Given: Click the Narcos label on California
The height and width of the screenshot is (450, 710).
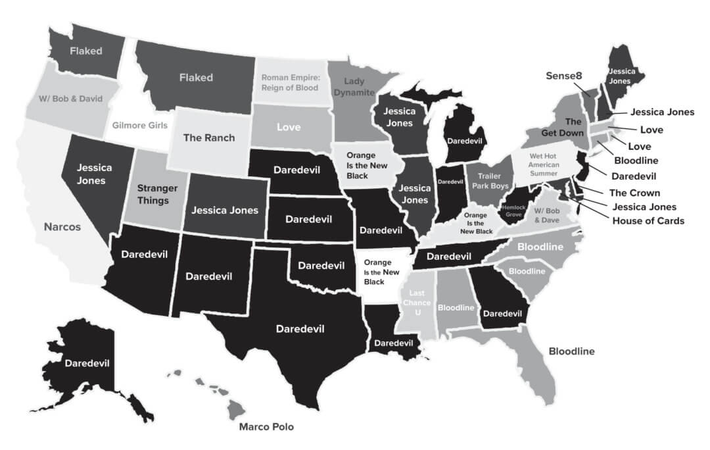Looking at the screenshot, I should point(62,227).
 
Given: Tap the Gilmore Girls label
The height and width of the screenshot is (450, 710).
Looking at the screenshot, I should point(139,125).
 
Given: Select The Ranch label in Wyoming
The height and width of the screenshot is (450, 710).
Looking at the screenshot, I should point(209,138).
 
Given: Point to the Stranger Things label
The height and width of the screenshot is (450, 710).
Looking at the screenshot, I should point(153,194).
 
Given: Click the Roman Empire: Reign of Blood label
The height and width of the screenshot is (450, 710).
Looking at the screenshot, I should point(290,82).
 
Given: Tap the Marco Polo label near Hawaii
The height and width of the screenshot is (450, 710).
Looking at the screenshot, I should point(266,427).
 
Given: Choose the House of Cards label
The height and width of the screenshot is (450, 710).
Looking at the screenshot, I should point(648,220).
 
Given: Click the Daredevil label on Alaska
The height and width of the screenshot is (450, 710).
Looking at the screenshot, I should point(86,362).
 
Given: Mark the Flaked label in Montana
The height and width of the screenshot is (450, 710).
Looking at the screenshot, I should point(196,78).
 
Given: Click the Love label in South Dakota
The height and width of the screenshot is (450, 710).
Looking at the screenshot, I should point(289,126).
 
